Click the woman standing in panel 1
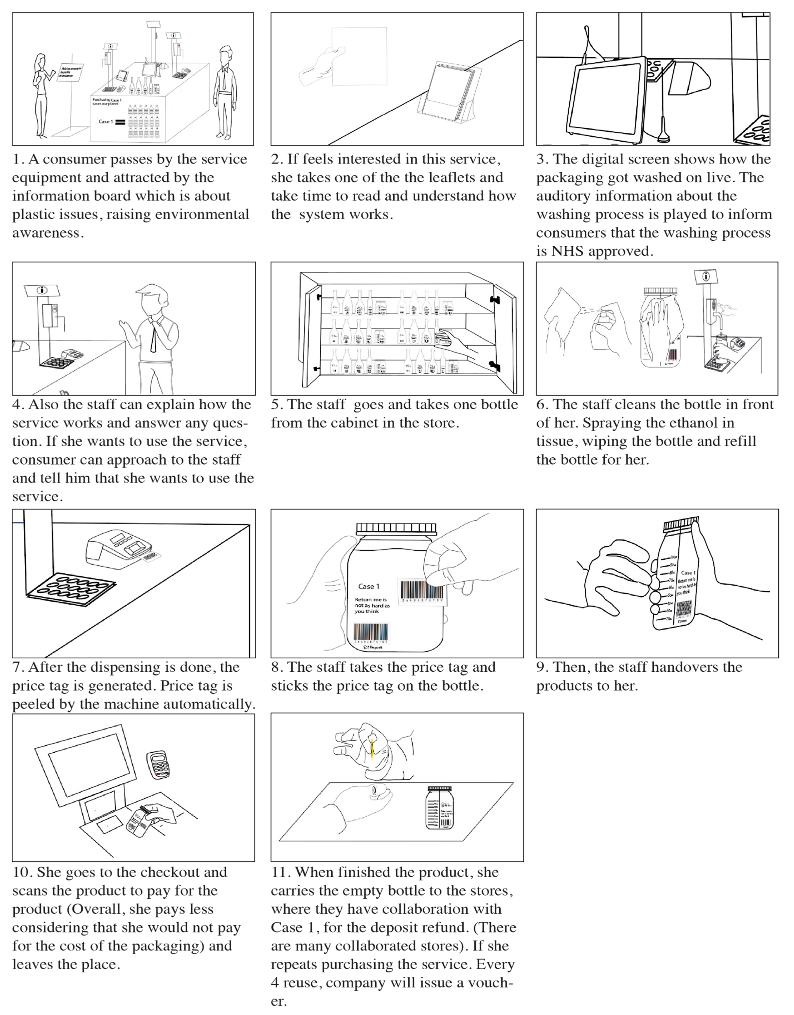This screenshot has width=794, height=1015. (41, 93)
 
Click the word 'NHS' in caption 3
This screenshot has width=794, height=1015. (567, 251)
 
